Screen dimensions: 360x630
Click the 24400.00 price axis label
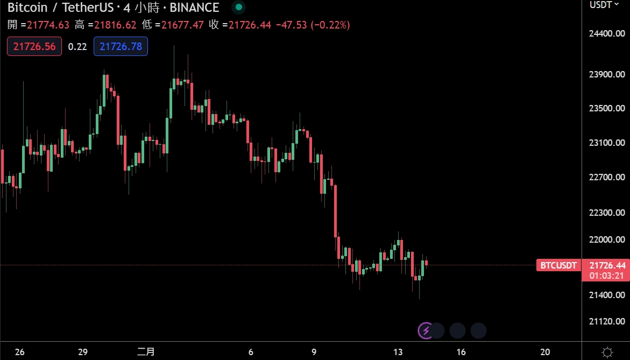[607, 33]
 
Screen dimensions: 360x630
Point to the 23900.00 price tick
[607, 74]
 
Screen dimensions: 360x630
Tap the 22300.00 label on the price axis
[607, 213]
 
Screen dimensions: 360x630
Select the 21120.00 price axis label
[607, 321]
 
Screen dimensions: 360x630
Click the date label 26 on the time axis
[19, 352]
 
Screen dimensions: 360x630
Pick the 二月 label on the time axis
[146, 352]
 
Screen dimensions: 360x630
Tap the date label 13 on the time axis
[398, 352]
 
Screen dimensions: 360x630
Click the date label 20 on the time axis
[545, 352]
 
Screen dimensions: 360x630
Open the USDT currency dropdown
[604, 5]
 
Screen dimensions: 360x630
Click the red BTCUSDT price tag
[558, 265]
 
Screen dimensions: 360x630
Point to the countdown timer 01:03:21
[607, 276]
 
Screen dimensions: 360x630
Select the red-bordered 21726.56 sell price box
[34, 46]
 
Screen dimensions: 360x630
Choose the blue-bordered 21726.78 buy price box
[121, 46]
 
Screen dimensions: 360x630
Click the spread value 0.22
[77, 46]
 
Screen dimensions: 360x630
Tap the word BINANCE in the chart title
[194, 8]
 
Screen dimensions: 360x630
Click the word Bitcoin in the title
[26, 8]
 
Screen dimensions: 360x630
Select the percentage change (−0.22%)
[330, 25]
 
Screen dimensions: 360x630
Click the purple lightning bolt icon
[426, 330]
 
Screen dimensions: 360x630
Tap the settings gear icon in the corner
[607, 352]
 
